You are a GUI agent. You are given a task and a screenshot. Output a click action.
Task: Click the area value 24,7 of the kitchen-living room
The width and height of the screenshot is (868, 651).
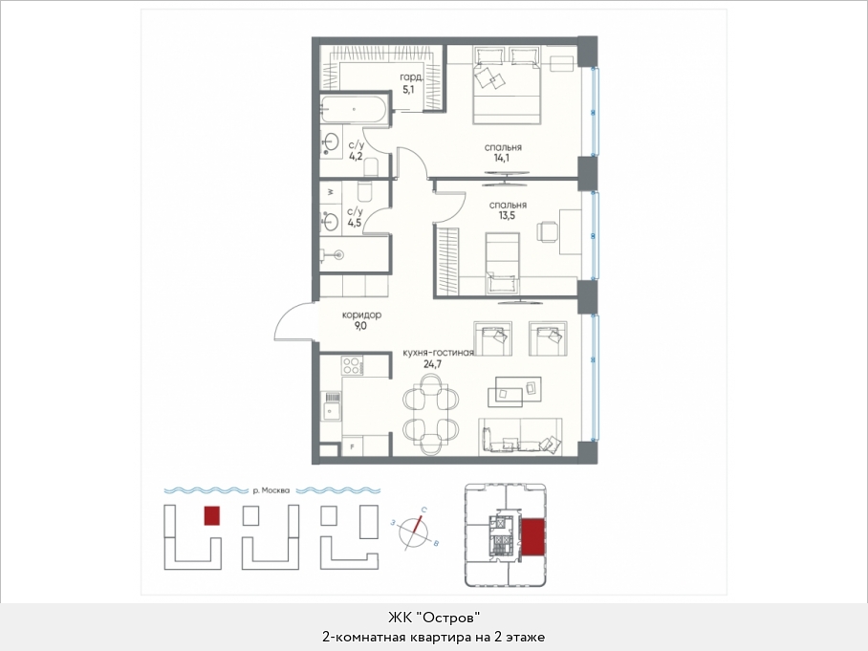tap(432, 364)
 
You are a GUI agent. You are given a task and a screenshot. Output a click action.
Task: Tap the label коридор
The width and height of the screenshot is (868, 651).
tap(361, 315)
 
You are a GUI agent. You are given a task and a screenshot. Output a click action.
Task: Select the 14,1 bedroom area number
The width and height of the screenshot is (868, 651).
tap(502, 158)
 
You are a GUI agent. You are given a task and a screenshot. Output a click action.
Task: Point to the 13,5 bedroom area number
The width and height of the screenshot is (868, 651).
tap(507, 215)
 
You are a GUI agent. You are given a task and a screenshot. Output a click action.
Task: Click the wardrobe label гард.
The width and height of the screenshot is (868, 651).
tap(411, 77)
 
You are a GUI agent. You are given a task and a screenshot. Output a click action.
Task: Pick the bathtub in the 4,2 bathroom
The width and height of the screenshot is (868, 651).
tap(353, 109)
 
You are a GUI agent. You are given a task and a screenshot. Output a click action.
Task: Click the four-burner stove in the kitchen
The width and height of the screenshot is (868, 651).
tap(353, 365)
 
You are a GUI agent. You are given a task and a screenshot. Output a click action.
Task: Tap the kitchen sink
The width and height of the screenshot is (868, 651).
tap(332, 405)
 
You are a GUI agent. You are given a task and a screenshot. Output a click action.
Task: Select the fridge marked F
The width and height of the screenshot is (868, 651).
tap(353, 446)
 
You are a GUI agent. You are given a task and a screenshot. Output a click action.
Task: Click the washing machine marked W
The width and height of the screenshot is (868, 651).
tap(331, 192)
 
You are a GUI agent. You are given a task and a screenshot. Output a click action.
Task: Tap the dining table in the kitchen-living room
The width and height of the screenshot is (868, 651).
tap(431, 414)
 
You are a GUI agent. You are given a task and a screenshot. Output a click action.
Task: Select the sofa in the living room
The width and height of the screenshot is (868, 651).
tap(520, 436)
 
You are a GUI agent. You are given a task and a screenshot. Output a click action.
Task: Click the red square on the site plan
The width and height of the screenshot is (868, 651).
tap(212, 516)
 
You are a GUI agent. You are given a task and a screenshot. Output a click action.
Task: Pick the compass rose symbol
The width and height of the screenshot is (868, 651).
tap(415, 532)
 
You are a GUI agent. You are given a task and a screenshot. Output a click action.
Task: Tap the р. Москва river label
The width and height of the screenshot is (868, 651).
tap(271, 490)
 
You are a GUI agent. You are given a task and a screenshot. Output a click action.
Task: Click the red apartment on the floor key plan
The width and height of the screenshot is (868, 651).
tap(533, 537)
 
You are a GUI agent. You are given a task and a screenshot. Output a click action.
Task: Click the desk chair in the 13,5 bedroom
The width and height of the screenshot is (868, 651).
tap(547, 230)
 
